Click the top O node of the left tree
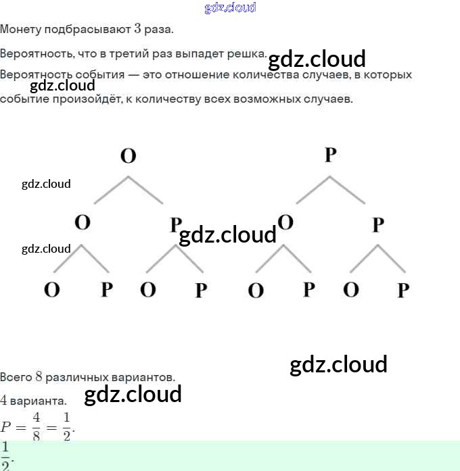pos(128,156)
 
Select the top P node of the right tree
pos(330,155)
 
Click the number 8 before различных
pos(39,376)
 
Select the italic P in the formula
pos(6,427)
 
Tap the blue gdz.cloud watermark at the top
pos(230,7)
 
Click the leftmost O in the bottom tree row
pos(52,290)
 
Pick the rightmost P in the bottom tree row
pos(403,291)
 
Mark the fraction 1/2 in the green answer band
pos(5,455)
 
